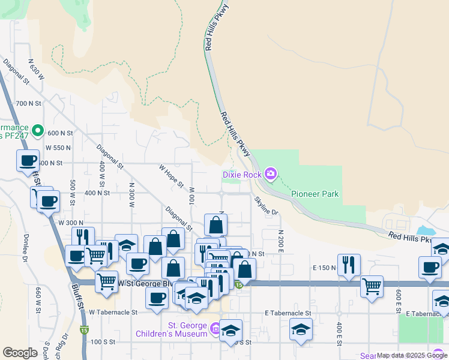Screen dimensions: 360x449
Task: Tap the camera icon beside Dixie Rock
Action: click(271, 174)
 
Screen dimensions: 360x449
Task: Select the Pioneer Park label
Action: click(315, 194)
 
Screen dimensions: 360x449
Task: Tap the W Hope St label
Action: click(170, 176)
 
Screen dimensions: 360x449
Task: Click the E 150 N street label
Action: click(324, 268)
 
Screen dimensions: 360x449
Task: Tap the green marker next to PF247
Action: click(38, 130)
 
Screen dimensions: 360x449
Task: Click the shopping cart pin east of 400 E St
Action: click(372, 285)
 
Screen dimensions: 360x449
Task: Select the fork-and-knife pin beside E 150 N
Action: click(349, 263)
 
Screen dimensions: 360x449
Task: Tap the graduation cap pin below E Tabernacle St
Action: click(301, 329)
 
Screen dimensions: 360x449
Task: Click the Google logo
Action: click(20, 353)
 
